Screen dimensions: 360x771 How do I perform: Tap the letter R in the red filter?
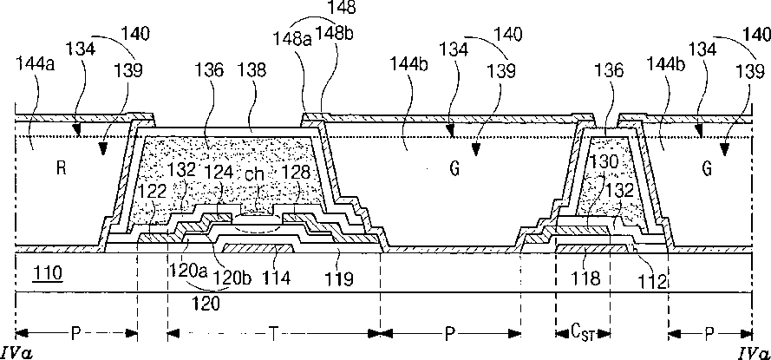coord(61,169)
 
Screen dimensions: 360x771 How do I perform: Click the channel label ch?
coord(253,173)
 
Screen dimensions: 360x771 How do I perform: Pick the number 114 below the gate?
coord(280,279)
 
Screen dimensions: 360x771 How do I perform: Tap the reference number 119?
coord(339,279)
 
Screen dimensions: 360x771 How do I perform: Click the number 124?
coord(219,173)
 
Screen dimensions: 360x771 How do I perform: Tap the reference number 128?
coord(295,173)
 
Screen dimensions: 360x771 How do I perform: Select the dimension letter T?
coord(271,332)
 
